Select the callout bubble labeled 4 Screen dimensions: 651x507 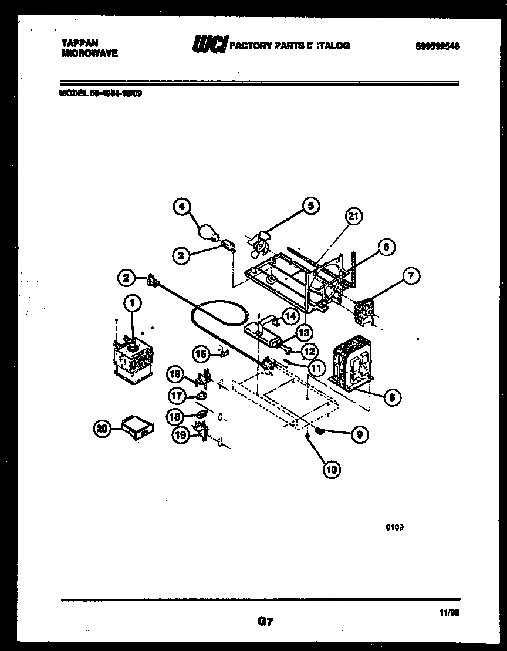[x=182, y=207]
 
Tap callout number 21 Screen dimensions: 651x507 [x=352, y=217]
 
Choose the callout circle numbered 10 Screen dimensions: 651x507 [x=332, y=469]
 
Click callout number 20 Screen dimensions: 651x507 [x=103, y=430]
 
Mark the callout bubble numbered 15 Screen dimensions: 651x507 [x=201, y=354]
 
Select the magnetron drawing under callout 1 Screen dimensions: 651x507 [x=133, y=359]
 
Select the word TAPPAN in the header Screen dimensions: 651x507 [x=80, y=43]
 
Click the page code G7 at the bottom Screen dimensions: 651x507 [x=266, y=621]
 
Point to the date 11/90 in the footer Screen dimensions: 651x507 [x=449, y=612]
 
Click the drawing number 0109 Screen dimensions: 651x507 [x=394, y=527]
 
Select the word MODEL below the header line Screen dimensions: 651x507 [x=72, y=92]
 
